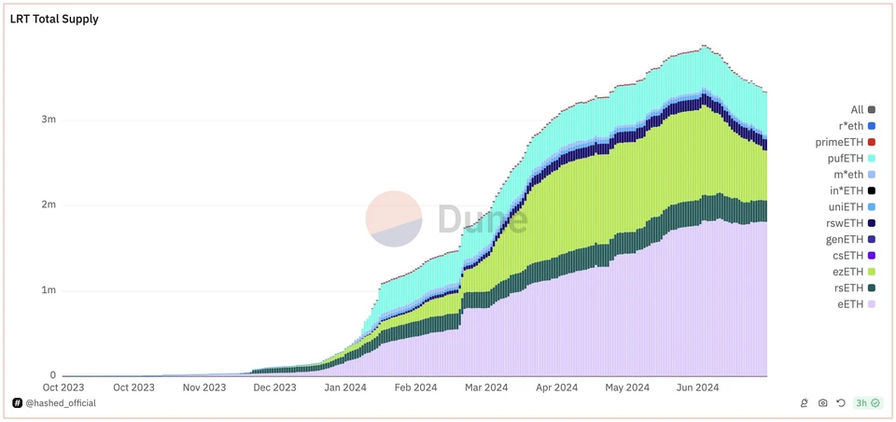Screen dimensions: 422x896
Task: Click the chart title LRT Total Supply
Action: (x=54, y=19)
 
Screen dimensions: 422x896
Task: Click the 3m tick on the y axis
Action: (x=48, y=120)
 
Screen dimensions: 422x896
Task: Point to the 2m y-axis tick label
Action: (x=48, y=204)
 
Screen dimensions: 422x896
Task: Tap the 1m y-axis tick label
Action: (x=48, y=289)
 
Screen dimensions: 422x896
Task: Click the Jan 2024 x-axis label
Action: (x=344, y=387)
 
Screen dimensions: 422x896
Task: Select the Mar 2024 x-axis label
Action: (x=485, y=387)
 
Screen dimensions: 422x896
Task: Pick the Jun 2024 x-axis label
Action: (x=696, y=387)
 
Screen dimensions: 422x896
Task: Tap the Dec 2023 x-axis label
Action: (x=274, y=387)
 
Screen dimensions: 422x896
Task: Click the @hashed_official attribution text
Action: (x=60, y=403)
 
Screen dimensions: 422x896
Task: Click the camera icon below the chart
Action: (x=822, y=403)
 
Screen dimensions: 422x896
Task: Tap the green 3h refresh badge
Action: (x=867, y=403)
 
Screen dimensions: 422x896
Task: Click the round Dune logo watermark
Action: (x=394, y=219)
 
